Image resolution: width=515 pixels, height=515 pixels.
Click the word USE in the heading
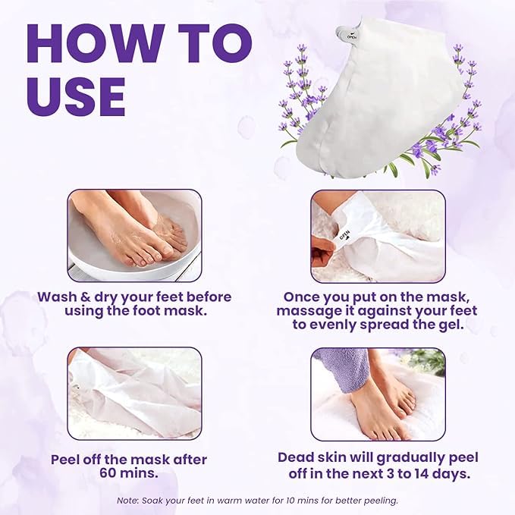coord(76,96)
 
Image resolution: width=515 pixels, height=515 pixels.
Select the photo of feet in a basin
coord(135,235)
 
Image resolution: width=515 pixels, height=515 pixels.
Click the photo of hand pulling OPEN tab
coord(378,235)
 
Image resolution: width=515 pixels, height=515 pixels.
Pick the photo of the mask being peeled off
coord(135,393)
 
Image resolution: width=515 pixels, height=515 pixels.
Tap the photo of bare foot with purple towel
coord(378,393)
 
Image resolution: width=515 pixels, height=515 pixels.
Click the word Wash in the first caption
coord(58,297)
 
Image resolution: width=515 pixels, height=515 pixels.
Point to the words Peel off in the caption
coord(80,460)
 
